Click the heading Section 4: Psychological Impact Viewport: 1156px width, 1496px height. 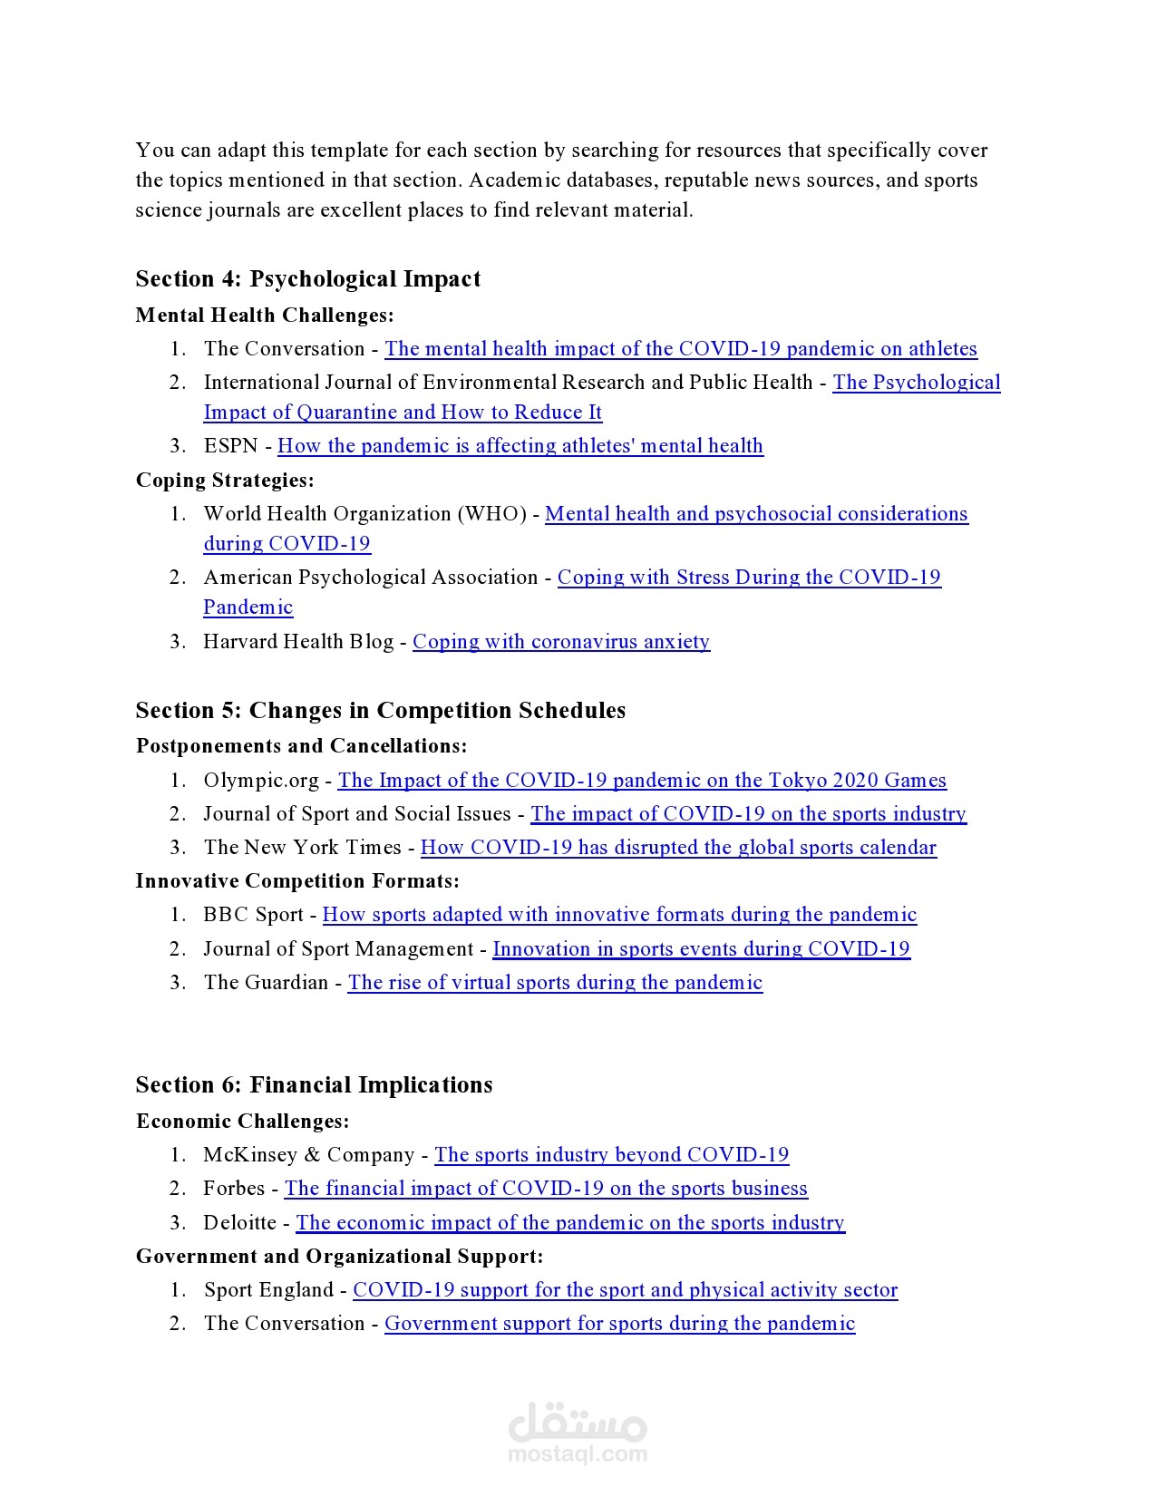point(307,278)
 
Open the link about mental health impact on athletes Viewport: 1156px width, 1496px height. point(680,349)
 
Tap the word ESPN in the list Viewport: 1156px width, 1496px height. point(230,446)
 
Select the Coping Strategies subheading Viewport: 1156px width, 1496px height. point(225,480)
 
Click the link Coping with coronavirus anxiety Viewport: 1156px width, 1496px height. point(560,642)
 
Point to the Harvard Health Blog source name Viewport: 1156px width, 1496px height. point(298,642)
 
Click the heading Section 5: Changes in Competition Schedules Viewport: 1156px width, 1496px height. point(380,710)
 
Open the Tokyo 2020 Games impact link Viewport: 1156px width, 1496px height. point(641,781)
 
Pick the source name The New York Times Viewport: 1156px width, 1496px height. point(302,848)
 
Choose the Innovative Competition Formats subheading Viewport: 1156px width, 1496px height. point(297,881)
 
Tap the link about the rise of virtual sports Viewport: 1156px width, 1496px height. point(555,983)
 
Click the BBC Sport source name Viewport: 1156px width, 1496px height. point(253,915)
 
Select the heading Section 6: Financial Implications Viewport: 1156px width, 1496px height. point(314,1085)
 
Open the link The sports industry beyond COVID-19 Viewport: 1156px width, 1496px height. point(611,1155)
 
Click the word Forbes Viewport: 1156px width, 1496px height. point(234,1189)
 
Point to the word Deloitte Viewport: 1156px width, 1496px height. point(239,1223)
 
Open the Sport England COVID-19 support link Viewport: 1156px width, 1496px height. point(625,1290)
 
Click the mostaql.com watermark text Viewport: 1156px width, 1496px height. point(578,1454)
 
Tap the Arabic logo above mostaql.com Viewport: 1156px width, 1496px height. point(578,1422)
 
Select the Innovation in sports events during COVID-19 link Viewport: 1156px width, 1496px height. point(701,949)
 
